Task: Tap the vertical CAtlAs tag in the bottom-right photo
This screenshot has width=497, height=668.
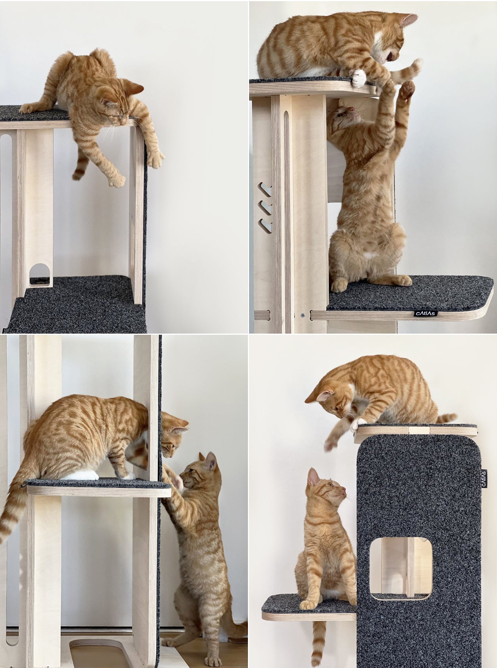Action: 484,479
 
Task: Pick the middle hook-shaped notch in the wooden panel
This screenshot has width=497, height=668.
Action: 266,207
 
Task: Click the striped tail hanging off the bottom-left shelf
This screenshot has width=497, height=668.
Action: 11,511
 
